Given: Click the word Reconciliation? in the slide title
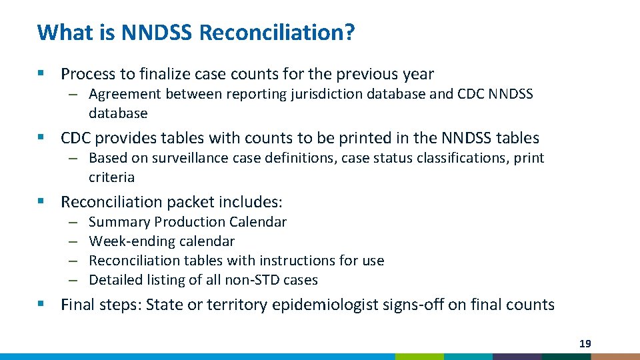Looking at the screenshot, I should point(277,32).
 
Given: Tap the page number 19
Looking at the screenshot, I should point(585,344).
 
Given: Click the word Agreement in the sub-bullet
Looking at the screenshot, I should point(125,94).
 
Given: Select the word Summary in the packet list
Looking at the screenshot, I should point(115,222).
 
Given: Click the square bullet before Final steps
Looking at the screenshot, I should point(41,305).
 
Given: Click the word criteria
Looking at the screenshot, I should point(111,177).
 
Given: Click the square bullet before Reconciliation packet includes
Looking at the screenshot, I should point(41,202).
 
